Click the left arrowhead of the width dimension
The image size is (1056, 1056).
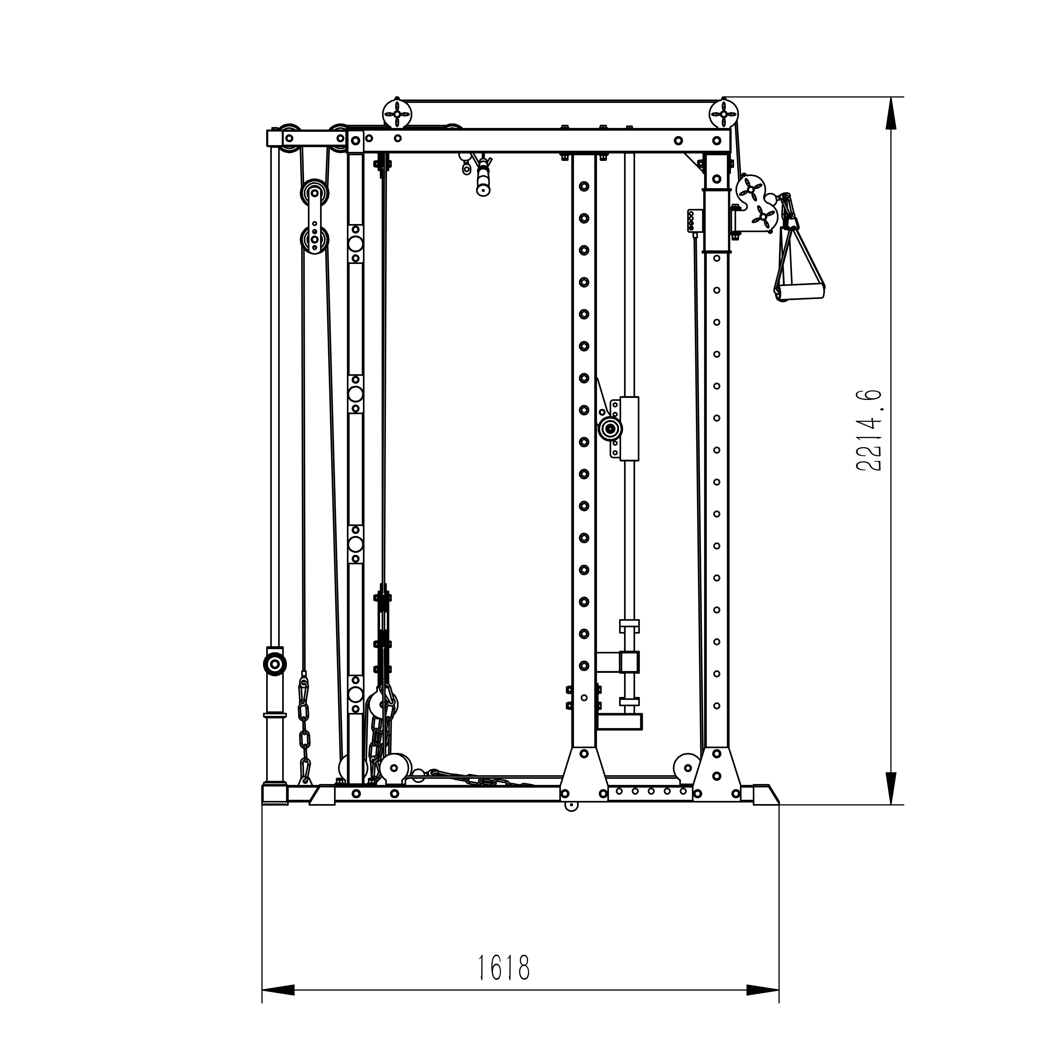pyautogui.click(x=279, y=1005)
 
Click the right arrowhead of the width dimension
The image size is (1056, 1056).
pyautogui.click(x=763, y=1005)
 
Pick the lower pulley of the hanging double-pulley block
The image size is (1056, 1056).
pyautogui.click(x=314, y=239)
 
